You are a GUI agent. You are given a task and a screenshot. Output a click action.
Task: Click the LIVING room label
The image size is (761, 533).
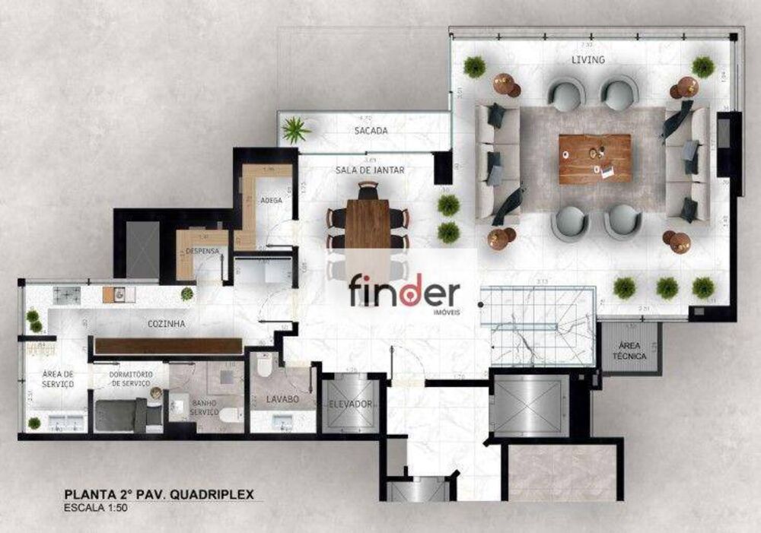[588, 59]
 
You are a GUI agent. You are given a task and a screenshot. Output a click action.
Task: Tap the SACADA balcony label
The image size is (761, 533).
[371, 131]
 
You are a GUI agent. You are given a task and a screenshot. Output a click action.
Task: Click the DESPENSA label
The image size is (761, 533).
[202, 250]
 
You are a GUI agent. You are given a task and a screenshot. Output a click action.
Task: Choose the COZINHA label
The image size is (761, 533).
[167, 324]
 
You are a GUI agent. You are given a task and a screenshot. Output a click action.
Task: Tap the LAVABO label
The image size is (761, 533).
[282, 398]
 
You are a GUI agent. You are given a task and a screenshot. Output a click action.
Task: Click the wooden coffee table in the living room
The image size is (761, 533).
[595, 159]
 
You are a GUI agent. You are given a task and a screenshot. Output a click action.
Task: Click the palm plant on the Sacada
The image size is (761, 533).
[295, 130]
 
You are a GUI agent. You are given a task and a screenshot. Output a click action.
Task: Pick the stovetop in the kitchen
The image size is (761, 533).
[66, 293]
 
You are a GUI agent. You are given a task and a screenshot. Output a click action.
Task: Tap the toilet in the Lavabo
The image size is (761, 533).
[264, 367]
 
